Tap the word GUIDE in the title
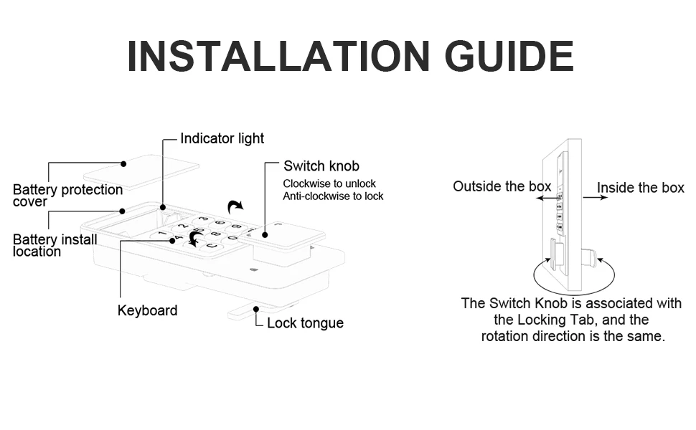(509, 56)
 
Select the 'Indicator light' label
(222, 138)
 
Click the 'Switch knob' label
(321, 166)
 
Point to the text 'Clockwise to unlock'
(329, 183)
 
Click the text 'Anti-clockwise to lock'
(333, 196)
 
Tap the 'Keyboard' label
(147, 310)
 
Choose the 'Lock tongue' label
(305, 323)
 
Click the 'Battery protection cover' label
(67, 195)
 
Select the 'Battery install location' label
(55, 245)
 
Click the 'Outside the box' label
(502, 186)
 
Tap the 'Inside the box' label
(641, 188)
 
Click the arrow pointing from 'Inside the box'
(595, 197)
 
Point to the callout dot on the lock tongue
(257, 309)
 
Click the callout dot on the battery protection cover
(123, 163)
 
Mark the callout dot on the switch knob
(265, 234)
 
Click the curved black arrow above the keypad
(235, 207)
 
